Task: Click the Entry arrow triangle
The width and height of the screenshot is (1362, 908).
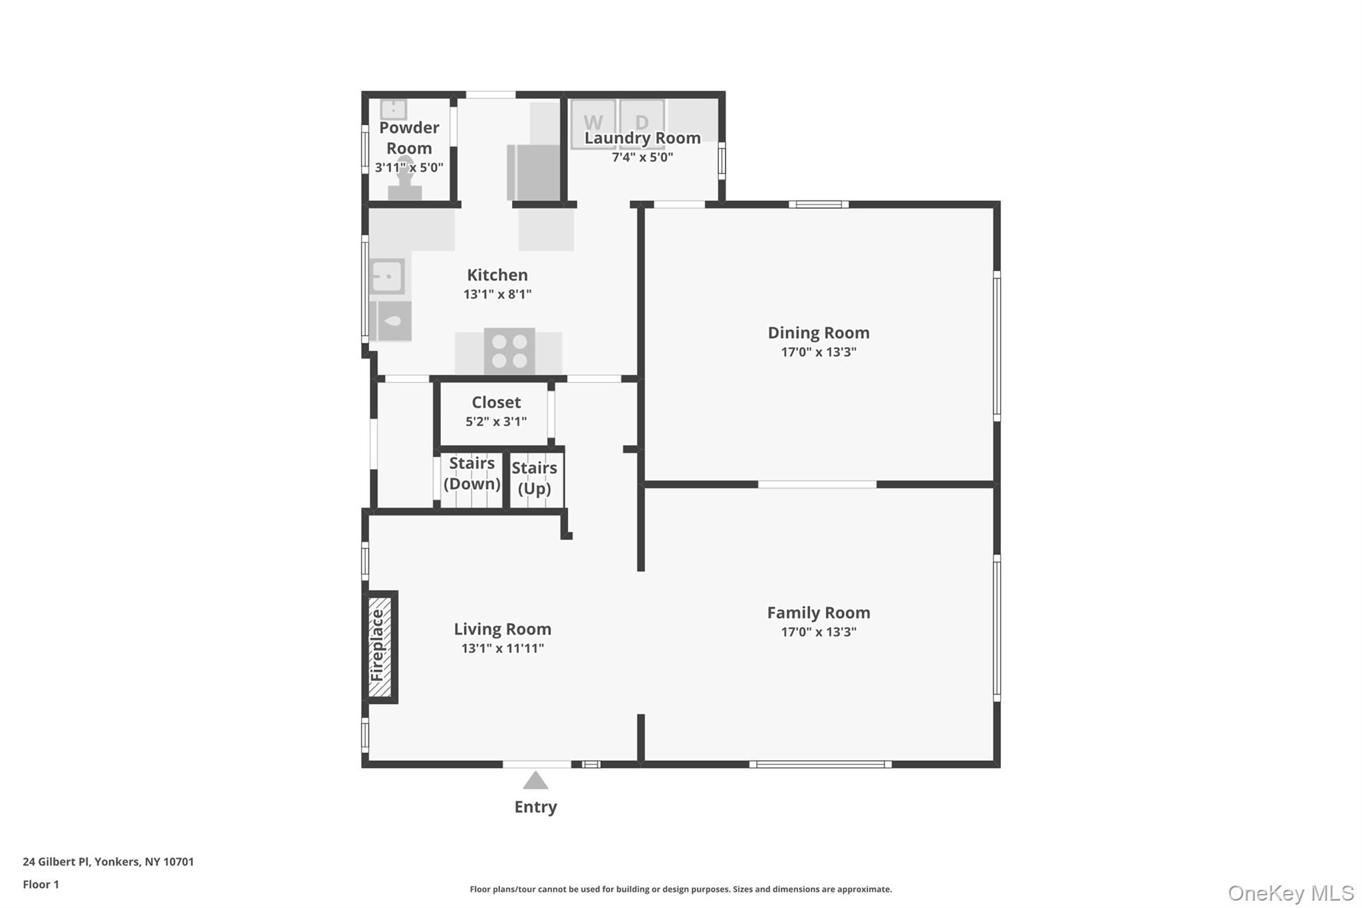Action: coord(535,780)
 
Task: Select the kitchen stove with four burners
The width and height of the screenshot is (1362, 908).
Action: coord(509,351)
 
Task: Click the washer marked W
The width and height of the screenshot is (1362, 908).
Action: coord(593,124)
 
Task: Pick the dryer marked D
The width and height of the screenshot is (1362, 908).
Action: coord(642,123)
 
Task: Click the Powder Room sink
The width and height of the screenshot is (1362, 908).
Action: coord(393,109)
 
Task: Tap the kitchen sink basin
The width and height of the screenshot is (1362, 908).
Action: coord(386,276)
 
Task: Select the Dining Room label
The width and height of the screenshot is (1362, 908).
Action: coord(819,333)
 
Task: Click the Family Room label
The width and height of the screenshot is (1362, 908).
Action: coord(819,613)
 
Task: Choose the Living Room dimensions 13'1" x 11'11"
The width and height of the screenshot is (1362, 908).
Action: coord(503,648)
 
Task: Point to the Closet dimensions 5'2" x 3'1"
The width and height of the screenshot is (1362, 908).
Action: coord(496,421)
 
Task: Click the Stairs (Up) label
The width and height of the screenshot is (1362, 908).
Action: coord(534,478)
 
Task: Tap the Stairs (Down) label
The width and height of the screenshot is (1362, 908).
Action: coord(472,474)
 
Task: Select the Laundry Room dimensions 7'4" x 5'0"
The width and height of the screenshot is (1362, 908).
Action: coord(642,157)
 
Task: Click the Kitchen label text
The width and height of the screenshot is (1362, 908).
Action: coord(497,275)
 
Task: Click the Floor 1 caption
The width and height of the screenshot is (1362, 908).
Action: coord(41,884)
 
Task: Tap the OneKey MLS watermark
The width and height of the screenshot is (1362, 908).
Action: coord(1291,893)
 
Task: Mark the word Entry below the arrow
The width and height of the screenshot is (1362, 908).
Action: coord(535,807)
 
